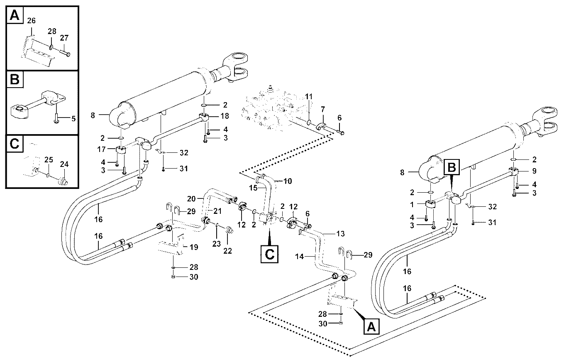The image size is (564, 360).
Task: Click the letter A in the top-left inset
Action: [15, 15]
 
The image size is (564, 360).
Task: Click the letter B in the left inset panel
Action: [15, 79]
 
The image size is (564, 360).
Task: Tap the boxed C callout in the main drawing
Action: [269, 254]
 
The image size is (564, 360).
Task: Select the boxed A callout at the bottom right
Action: [371, 327]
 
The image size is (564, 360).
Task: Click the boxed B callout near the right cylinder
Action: [452, 167]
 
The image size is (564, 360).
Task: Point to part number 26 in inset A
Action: [31, 20]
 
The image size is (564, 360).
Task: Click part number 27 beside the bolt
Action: [64, 38]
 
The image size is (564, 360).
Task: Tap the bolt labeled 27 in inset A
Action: [65, 52]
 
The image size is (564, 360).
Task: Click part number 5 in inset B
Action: [73, 118]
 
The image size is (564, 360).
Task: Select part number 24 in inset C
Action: [64, 164]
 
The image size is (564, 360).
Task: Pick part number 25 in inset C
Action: [49, 160]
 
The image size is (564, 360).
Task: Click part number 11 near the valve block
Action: [309, 96]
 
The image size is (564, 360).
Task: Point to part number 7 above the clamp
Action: [322, 109]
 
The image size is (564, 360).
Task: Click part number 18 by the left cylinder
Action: [225, 116]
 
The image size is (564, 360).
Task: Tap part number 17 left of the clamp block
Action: [101, 149]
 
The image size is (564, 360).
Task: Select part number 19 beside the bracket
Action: [194, 247]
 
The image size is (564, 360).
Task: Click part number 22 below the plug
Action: [227, 251]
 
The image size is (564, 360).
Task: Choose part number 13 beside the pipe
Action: [340, 234]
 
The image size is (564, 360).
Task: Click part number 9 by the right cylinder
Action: [534, 171]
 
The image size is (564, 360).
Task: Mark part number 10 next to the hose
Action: [288, 181]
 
